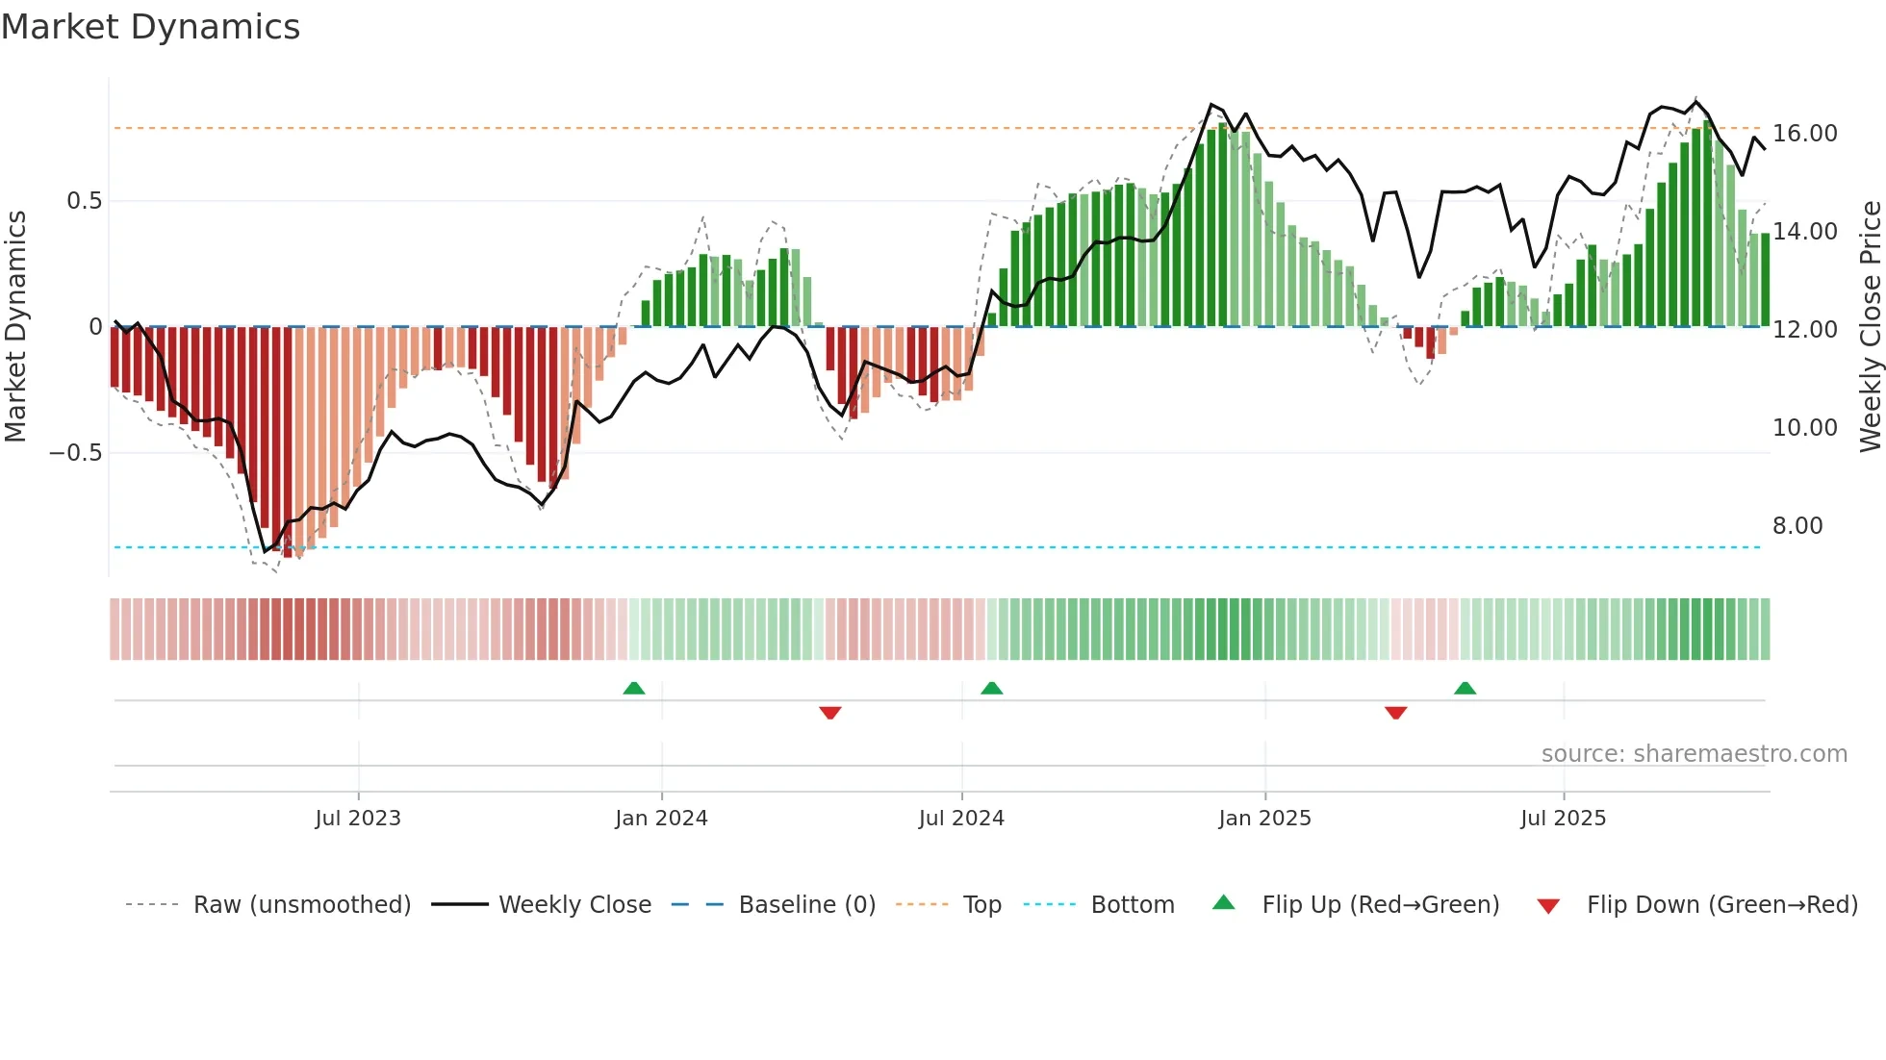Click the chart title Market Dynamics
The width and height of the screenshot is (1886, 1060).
coord(150,27)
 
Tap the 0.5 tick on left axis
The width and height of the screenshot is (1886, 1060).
coord(84,201)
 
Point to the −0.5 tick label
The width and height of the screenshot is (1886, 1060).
coord(76,453)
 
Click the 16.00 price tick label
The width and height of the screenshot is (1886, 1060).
coord(1804,134)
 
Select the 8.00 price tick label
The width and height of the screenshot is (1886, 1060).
coord(1797,526)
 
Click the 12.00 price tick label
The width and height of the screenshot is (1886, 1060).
coord(1804,330)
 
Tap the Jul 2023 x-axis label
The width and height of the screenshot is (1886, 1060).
coord(358,819)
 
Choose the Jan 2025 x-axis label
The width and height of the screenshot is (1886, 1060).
coord(1264,819)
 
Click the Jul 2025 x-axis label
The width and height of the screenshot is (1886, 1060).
coord(1563,819)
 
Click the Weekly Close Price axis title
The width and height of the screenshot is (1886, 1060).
coord(1870,326)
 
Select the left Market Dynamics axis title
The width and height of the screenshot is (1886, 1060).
coord(15,326)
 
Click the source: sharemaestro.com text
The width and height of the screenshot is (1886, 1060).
coord(1694,754)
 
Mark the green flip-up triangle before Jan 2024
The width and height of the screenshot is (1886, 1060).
coord(634,689)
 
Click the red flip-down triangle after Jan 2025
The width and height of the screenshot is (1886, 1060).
coord(1395,713)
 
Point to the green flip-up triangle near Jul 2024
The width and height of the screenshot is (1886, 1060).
coord(991,689)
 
